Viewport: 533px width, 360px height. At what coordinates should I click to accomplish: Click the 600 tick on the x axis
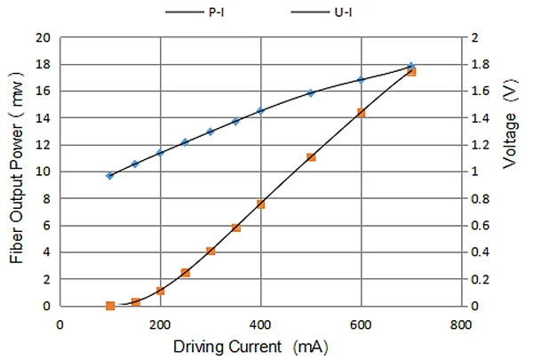click(x=361, y=324)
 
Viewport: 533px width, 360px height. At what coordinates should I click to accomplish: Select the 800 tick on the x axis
click(x=460, y=324)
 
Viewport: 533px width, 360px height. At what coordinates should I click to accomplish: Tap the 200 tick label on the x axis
click(x=160, y=324)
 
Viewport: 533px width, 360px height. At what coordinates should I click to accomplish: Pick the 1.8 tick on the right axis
click(x=479, y=65)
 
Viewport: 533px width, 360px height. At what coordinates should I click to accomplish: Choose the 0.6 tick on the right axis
click(x=479, y=226)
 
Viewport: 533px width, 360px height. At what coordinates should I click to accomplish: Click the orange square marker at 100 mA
click(x=110, y=306)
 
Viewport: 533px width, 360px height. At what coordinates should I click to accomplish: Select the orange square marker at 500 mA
click(x=311, y=157)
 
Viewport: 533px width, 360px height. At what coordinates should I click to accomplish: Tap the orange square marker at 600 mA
click(x=361, y=113)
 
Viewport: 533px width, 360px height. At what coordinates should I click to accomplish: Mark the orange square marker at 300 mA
click(x=211, y=251)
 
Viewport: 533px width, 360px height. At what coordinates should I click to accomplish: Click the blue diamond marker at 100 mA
click(x=110, y=176)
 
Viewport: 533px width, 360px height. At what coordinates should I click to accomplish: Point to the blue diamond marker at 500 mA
click(x=311, y=92)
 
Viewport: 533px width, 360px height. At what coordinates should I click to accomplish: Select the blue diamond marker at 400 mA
click(x=260, y=110)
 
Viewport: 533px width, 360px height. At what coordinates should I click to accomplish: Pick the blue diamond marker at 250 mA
click(x=185, y=142)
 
